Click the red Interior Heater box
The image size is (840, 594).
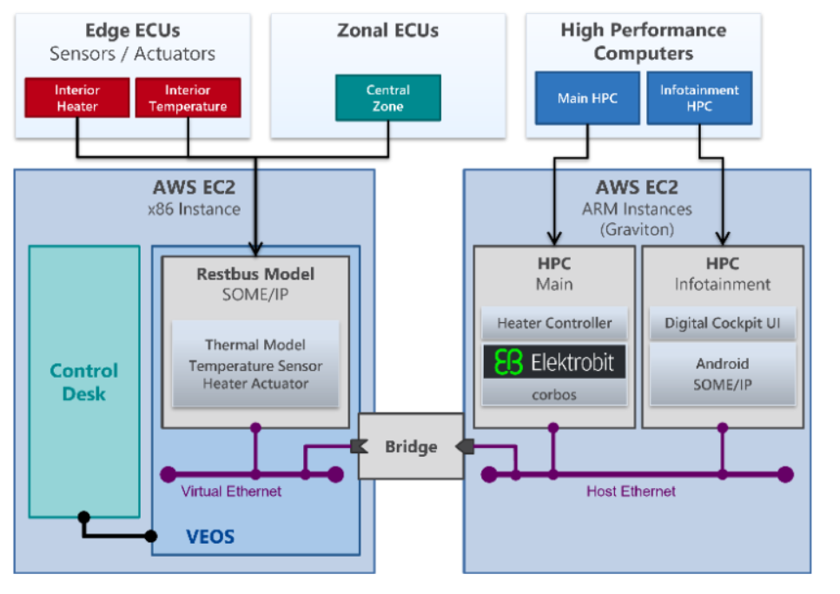tap(77, 98)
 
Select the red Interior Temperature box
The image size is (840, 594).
tap(188, 98)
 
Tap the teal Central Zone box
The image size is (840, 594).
tap(387, 97)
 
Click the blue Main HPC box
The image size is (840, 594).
tap(587, 98)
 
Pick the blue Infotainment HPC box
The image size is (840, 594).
tap(699, 98)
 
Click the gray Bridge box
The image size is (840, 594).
tap(410, 446)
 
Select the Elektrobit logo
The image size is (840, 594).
tap(554, 361)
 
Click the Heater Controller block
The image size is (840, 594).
tap(554, 323)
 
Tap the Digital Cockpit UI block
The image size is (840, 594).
tap(722, 323)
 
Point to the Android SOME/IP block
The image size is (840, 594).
tap(722, 373)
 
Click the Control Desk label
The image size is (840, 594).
tap(83, 382)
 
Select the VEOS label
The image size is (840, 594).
tap(210, 536)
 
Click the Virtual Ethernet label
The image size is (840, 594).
tap(231, 492)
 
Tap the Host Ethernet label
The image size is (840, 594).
tap(631, 492)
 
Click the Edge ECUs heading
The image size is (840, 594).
tap(132, 30)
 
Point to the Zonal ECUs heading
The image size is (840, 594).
tap(387, 30)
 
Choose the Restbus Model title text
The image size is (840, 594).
tap(255, 274)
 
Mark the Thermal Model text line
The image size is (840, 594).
tap(255, 345)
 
